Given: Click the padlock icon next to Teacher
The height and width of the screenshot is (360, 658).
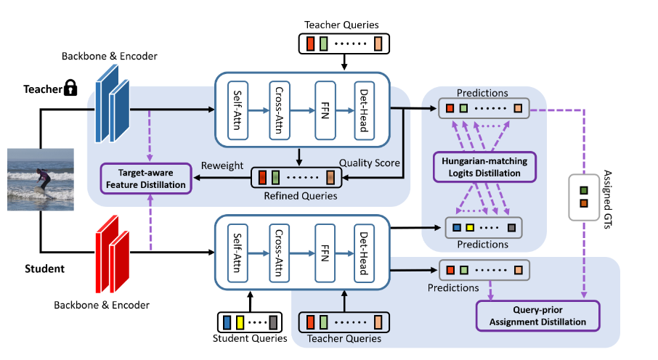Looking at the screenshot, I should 70,89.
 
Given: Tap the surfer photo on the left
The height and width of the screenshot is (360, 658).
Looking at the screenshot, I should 37,178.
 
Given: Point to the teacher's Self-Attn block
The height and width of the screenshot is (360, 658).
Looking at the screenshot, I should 239,109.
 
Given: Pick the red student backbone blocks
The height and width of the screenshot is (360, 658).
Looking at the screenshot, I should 113,241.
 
